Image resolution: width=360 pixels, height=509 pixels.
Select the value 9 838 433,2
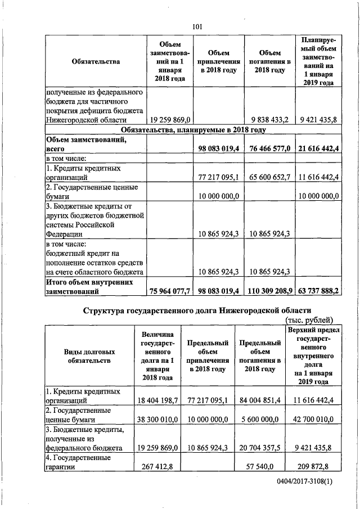(268, 120)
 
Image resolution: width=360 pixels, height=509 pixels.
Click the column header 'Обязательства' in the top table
(96, 62)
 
